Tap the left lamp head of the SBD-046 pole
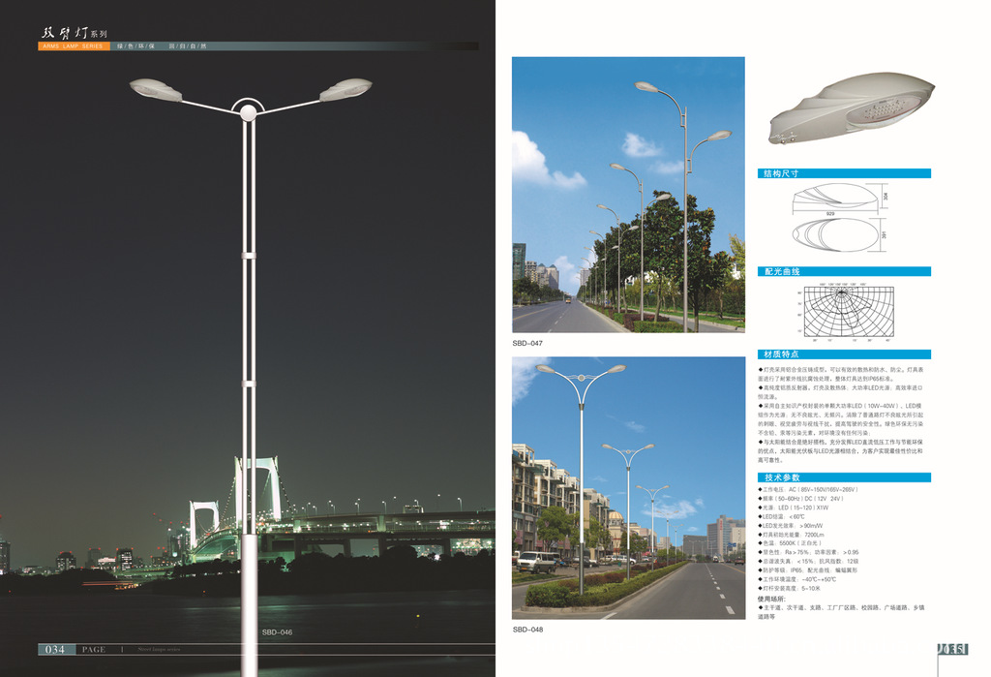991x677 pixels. (x=156, y=90)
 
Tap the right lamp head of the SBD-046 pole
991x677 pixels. (x=345, y=89)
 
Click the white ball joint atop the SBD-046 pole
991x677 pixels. (x=249, y=112)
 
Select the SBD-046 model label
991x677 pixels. (x=277, y=632)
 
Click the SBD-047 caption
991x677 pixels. (x=527, y=343)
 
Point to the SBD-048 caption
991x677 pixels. (x=527, y=630)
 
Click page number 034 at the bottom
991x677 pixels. (x=54, y=649)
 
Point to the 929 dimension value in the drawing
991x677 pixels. (x=830, y=212)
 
